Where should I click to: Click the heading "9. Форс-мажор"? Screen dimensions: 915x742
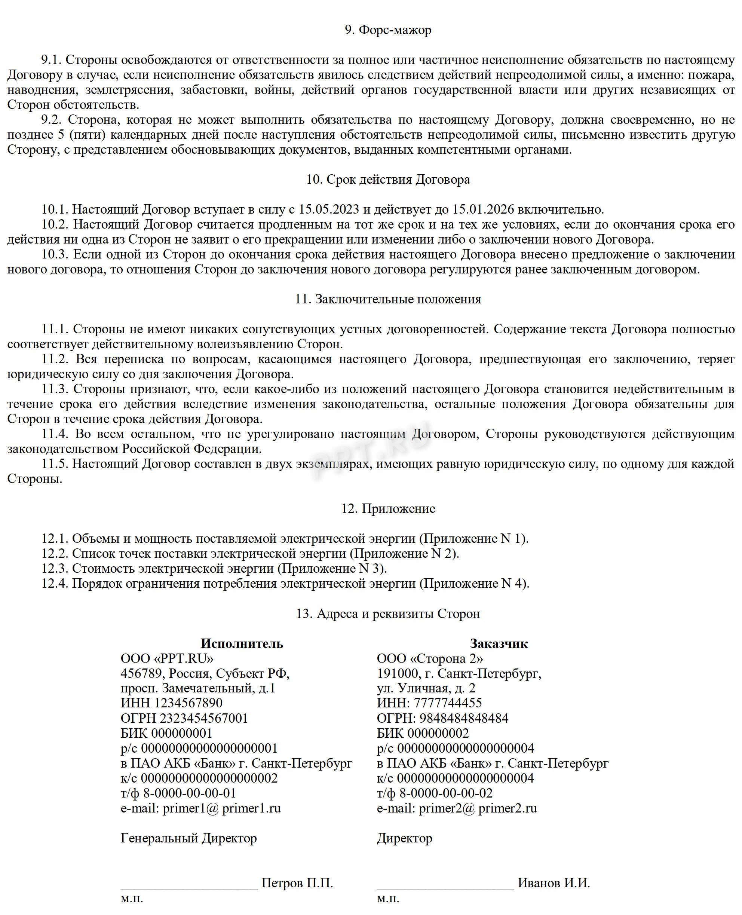[388, 30]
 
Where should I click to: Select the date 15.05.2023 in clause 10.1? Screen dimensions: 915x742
[329, 210]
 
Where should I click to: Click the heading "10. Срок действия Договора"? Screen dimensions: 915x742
[388, 180]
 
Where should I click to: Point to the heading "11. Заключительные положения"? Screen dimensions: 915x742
[388, 299]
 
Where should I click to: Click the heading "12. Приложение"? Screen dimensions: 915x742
[388, 509]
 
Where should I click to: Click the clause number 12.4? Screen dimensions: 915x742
[55, 584]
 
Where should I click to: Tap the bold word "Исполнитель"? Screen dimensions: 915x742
[242, 643]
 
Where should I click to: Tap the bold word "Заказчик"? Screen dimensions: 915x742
[499, 643]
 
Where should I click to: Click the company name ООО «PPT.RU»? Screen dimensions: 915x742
[167, 658]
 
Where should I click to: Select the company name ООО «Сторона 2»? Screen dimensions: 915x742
[430, 658]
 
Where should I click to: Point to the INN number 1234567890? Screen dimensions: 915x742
[188, 703]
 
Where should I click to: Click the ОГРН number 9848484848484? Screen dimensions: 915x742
[464, 718]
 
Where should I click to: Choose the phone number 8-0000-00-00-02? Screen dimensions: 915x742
[446, 793]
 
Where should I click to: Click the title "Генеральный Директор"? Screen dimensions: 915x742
[189, 838]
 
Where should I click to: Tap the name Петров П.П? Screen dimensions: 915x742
[297, 883]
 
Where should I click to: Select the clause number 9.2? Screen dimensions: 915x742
[52, 120]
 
